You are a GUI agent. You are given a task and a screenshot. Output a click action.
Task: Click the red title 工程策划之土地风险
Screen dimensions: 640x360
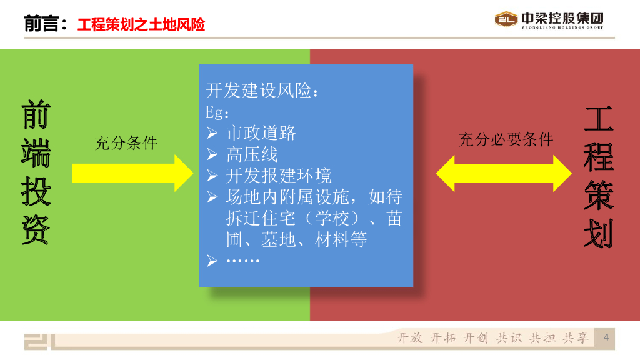(x=141, y=24)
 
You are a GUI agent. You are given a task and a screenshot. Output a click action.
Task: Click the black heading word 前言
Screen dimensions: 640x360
(x=41, y=24)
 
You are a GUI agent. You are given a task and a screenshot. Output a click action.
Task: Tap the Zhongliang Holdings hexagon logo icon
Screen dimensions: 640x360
(x=506, y=19)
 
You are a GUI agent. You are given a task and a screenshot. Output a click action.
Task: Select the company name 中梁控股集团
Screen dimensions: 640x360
(x=562, y=18)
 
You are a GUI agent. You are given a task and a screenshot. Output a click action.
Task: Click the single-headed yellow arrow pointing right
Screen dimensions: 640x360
(x=132, y=173)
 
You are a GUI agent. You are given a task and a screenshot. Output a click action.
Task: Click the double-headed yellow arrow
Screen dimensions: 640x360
(x=504, y=174)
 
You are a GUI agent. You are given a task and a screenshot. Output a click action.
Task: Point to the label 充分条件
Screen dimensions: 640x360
(x=126, y=143)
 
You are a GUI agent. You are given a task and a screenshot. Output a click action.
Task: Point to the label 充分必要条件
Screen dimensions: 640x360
(x=506, y=139)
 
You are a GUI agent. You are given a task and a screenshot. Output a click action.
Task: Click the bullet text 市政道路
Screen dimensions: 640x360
(x=261, y=133)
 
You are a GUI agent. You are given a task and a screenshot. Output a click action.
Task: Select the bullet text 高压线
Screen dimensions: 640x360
(x=252, y=154)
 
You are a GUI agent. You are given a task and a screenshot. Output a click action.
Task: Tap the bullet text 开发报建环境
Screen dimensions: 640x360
(x=279, y=176)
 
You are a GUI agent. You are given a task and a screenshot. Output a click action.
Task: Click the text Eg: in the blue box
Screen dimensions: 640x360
(x=217, y=112)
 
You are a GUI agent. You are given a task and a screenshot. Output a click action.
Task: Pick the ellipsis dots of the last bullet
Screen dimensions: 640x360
(x=243, y=261)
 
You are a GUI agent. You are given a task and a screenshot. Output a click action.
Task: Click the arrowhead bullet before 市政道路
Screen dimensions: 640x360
(x=212, y=133)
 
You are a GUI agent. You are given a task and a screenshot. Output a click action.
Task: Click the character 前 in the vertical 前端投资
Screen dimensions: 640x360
(x=36, y=114)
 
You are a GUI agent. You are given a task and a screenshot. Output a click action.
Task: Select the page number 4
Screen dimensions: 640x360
(x=606, y=337)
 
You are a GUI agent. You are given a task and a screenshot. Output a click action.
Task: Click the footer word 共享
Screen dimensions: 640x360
(x=576, y=338)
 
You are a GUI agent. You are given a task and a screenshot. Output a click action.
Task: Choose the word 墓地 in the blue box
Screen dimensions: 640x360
(x=278, y=239)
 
